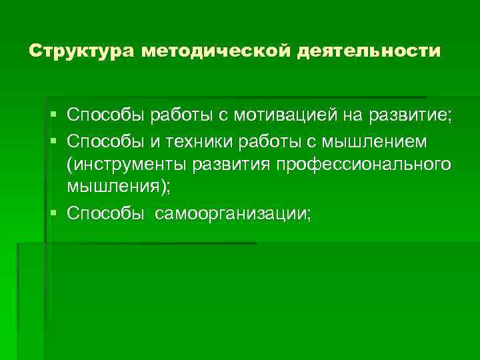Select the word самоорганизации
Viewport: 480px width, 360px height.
(x=231, y=213)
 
